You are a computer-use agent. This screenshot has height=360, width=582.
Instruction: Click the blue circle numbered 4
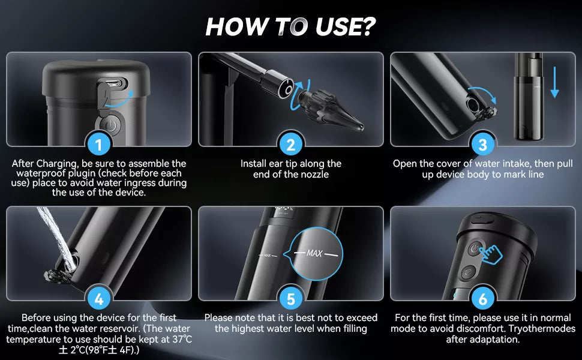[98, 298]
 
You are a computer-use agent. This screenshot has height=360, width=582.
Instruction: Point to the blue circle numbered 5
[290, 298]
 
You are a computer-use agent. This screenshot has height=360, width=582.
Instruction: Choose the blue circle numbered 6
[482, 298]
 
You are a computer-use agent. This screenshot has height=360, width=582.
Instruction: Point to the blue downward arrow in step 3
[554, 82]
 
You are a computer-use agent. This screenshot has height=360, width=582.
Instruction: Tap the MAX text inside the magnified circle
[314, 253]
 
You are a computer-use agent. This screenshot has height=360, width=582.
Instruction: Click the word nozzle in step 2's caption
[315, 175]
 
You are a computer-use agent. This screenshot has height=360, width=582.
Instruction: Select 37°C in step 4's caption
[182, 339]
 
